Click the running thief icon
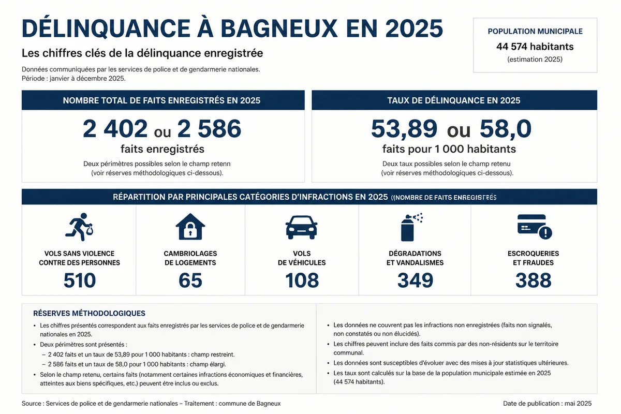79,227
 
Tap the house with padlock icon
190,227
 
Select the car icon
302,227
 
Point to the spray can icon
411,227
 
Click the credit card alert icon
535,227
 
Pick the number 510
80,280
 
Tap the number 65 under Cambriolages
190,280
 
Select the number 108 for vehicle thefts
302,280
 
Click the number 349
415,280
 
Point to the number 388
534,280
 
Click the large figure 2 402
115,129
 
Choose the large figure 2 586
209,129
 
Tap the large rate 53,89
404,129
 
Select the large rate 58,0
506,129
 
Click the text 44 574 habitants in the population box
535,47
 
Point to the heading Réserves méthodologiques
89,313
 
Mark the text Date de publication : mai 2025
548,404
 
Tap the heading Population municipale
535,32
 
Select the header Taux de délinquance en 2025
454,100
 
